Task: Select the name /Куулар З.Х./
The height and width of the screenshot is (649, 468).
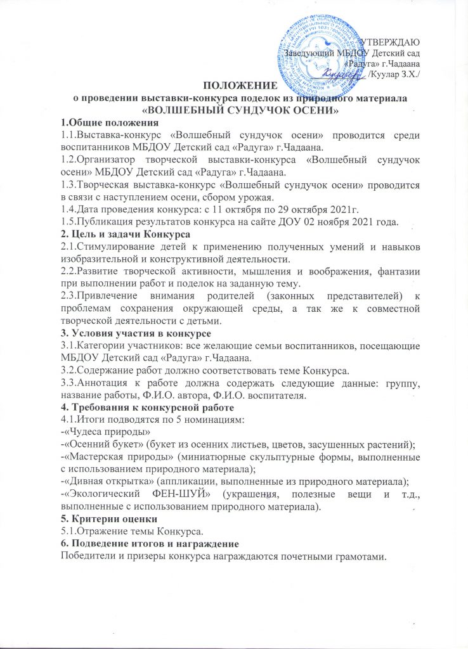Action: coord(399,75)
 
